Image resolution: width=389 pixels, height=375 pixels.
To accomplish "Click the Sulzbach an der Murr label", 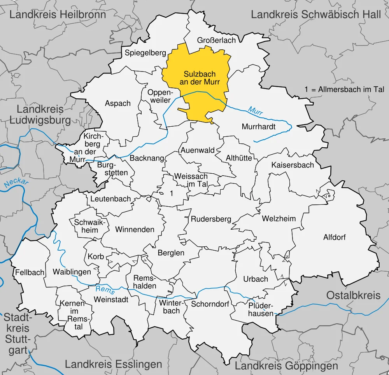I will tap(200, 78).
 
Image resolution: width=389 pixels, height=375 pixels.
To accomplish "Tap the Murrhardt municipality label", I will tap(258, 127).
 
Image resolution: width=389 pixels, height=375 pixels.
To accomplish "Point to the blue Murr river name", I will tap(256, 110).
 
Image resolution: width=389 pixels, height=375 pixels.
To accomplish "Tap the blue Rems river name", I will tap(102, 290).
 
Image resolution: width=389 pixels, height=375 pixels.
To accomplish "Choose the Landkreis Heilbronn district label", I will tap(58, 15).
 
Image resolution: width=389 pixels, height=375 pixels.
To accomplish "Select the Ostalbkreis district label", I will tap(353, 295).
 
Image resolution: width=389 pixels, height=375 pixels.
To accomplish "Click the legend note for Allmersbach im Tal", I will tap(345, 89).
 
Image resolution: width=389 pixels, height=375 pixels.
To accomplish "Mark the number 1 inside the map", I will tap(172, 193).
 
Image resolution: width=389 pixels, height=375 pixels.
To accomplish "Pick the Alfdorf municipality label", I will tap(335, 237).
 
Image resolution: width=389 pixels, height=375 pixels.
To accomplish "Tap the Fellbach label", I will tap(30, 272).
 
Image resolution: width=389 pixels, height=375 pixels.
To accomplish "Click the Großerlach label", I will tap(217, 40).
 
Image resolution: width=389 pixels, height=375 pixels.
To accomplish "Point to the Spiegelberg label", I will tap(145, 53).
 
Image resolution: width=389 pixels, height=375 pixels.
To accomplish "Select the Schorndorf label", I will tap(210, 304).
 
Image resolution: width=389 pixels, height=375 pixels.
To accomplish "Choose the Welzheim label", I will tap(279, 219).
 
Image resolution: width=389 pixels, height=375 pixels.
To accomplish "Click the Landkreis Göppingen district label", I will tap(286, 365).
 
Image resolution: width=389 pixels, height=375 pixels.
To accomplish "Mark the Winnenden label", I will tap(135, 230).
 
